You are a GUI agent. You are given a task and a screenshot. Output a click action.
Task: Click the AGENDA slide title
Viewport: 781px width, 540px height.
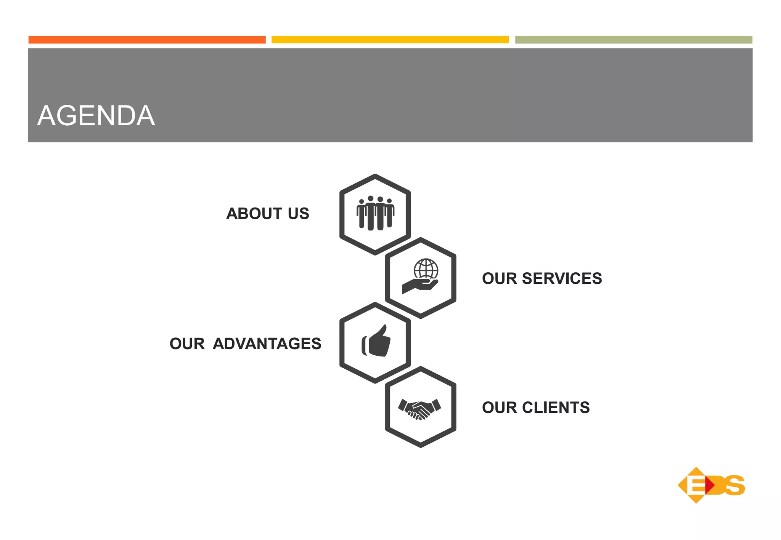pos(96,116)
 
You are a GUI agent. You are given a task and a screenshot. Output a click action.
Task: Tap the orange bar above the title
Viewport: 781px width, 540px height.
pos(147,40)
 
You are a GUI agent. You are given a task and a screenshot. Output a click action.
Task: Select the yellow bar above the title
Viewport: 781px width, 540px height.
pos(390,40)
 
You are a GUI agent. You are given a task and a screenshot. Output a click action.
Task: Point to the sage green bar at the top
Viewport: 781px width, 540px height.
pos(633,40)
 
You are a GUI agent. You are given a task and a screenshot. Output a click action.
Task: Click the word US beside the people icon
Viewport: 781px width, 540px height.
pos(299,214)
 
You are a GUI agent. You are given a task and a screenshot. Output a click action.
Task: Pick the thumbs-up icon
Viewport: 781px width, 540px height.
pos(376,341)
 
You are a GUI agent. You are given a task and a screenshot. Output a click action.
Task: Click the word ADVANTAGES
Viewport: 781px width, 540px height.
pos(267,344)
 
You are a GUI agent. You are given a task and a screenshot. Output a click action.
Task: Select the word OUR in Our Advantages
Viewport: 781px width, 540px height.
pos(187,344)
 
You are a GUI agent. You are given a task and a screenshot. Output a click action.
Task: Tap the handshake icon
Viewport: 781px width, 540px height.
pos(419,409)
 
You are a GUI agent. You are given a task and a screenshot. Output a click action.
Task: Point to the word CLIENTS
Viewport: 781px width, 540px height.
pos(556,408)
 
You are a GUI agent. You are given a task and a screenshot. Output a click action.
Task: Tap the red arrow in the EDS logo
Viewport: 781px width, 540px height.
pos(709,485)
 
